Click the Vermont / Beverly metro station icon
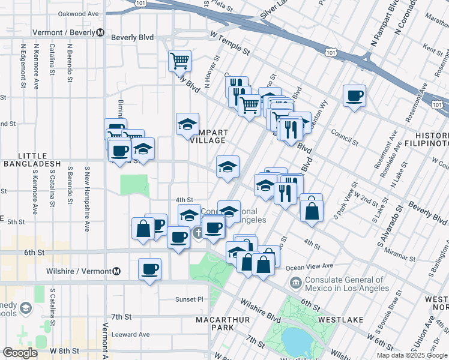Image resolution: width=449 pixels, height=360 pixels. click(100, 32)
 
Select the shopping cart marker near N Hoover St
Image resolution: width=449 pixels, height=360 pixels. click(179, 61)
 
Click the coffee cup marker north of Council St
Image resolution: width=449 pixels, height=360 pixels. click(355, 95)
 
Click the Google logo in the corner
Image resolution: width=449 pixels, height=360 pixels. click(20, 353)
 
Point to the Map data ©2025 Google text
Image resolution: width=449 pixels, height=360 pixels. click(411, 355)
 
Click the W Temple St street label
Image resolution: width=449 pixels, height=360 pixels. click(229, 45)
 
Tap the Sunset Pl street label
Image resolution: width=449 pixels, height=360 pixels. click(190, 299)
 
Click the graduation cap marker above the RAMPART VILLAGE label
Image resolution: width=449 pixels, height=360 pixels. click(187, 124)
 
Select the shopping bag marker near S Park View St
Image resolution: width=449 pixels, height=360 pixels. click(312, 211)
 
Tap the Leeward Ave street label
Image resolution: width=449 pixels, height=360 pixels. click(131, 334)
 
